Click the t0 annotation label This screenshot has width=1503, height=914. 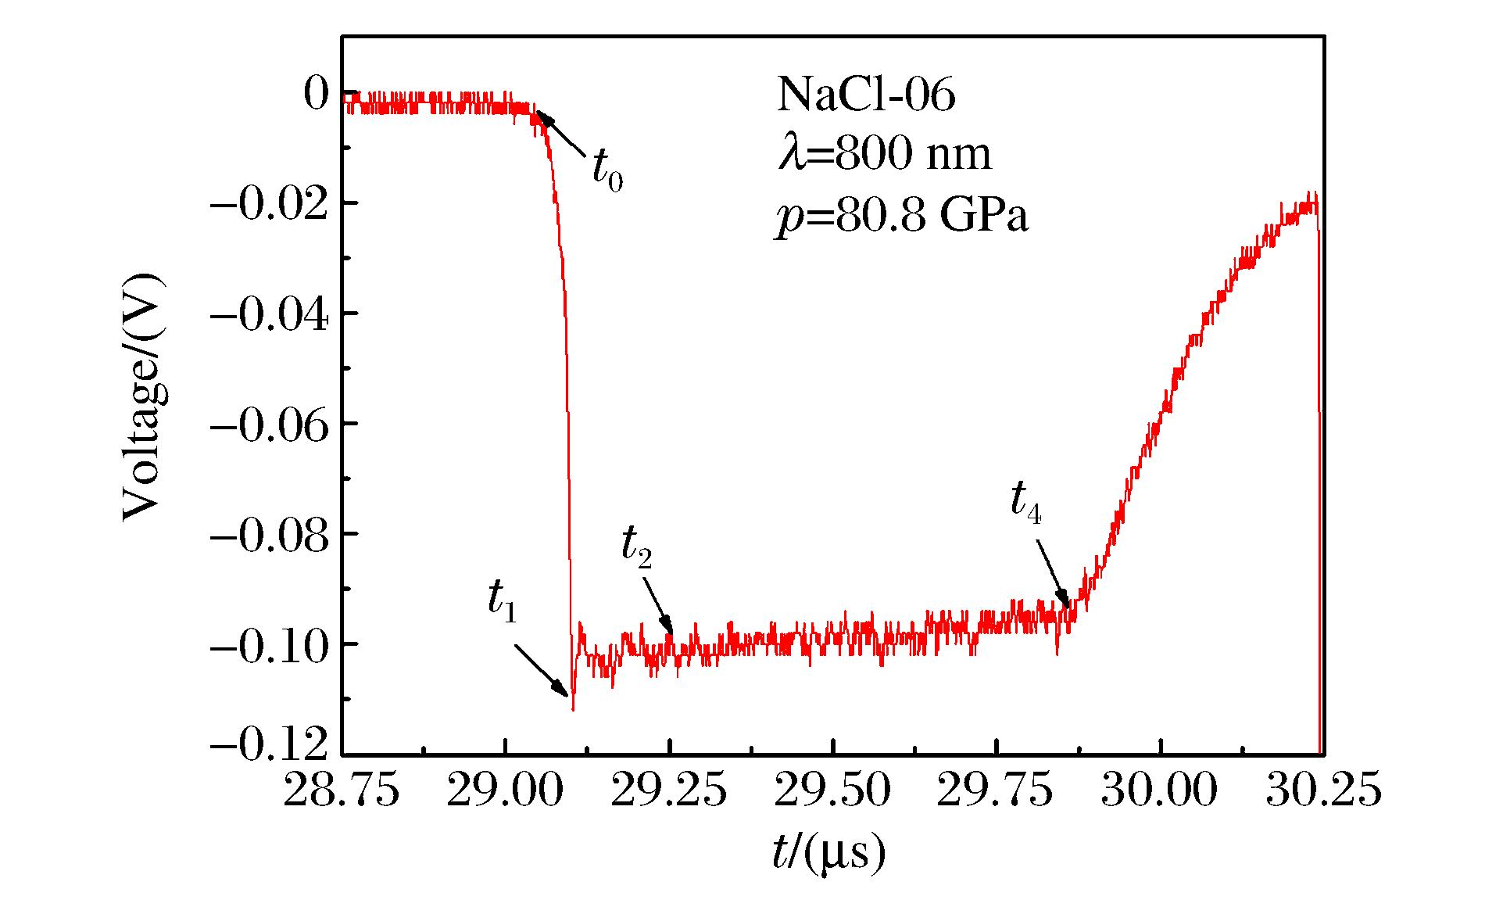pos(607,169)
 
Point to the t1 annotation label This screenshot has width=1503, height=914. pos(502,601)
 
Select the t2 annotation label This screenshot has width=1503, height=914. pos(636,545)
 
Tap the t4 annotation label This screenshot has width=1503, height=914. pos(1025,500)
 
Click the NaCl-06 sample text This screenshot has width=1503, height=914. pos(866,95)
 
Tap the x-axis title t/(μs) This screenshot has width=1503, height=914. pos(828,853)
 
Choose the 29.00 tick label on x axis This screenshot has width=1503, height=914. pos(505,790)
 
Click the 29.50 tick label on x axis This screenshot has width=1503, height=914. pos(832,790)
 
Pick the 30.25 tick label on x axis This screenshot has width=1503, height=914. pos(1323,790)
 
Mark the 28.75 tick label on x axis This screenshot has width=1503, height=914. pos(342,790)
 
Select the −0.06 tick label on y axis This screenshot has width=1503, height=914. pos(269,425)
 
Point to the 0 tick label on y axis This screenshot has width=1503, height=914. pos(317,95)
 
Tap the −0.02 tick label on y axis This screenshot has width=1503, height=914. pos(269,204)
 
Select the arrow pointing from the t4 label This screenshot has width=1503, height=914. pos(1053,574)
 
